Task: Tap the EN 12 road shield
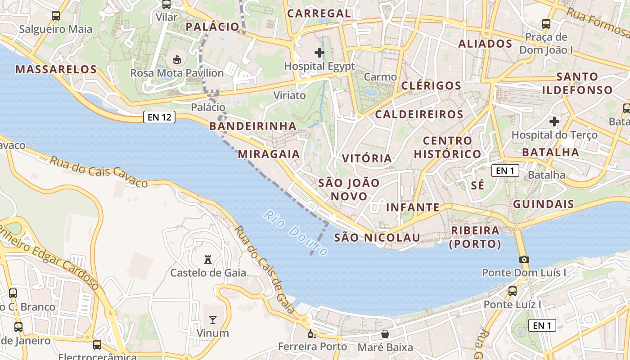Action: point(159,117)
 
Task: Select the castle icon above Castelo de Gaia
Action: point(208,260)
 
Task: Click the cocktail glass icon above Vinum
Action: point(212,320)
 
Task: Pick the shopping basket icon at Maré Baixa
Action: point(385,334)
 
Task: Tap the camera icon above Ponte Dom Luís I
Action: point(524,259)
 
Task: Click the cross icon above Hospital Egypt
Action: point(319,53)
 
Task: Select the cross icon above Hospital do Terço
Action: point(554,121)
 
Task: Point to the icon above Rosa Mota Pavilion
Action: point(176,59)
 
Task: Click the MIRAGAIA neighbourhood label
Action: point(269,154)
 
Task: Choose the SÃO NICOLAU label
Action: point(377,237)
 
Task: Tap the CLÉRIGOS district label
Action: point(431,85)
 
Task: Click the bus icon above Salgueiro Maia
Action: point(56,16)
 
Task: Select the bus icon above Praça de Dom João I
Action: point(546,24)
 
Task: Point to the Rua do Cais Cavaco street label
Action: point(99,171)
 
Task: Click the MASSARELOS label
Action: point(56,69)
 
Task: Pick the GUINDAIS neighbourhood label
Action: point(544,204)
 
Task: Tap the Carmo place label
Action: point(380,77)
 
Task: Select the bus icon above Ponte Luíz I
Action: point(513,291)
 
